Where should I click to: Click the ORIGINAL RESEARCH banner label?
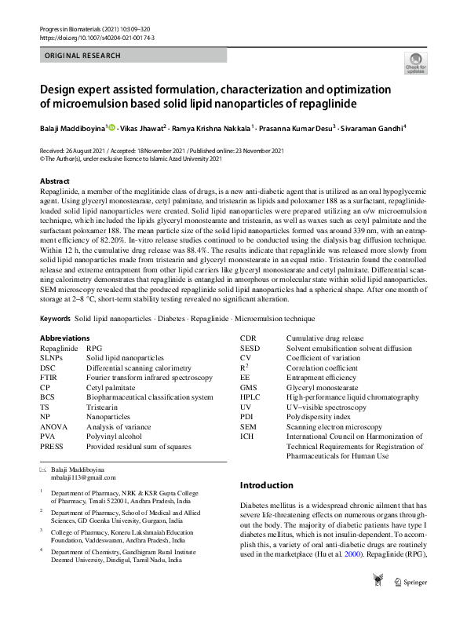pyautogui.click(x=83, y=56)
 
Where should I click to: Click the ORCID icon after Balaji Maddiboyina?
pyautogui.click(x=111, y=126)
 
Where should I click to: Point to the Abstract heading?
pyautogui.click(x=54, y=181)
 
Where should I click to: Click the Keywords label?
pyautogui.click(x=55, y=341)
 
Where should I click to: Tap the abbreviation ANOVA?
pyautogui.click(x=54, y=426)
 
